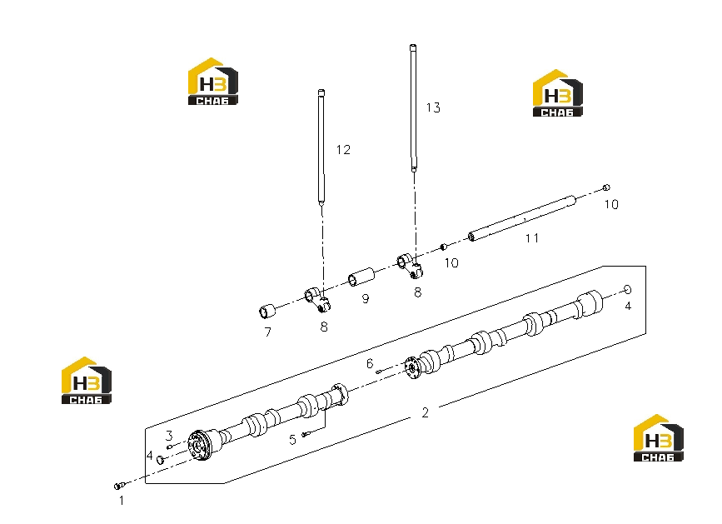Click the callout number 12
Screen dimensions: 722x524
[x=343, y=150]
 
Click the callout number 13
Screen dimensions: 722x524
[x=433, y=107]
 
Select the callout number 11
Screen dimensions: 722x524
[x=532, y=238]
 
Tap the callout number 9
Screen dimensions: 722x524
[x=366, y=299]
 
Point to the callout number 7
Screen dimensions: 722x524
[x=268, y=332]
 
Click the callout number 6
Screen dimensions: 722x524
[x=370, y=364]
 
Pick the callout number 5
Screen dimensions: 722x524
[x=292, y=440]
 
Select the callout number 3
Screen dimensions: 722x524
[x=169, y=435]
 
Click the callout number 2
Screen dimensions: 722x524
[x=425, y=412]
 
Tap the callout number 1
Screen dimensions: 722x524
[x=122, y=501]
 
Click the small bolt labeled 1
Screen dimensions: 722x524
[x=119, y=486]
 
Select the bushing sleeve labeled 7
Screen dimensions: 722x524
[x=266, y=312]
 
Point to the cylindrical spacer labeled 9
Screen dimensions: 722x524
[x=361, y=277]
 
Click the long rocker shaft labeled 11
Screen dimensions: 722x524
[x=522, y=218]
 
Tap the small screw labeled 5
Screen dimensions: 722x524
[x=306, y=434]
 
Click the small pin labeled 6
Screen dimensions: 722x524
[x=379, y=371]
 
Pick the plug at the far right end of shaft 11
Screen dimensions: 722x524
[x=606, y=187]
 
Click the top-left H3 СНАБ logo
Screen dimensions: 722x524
[x=212, y=82]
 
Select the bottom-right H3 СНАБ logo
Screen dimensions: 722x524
[x=659, y=438]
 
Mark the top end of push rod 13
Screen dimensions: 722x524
[x=413, y=46]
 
